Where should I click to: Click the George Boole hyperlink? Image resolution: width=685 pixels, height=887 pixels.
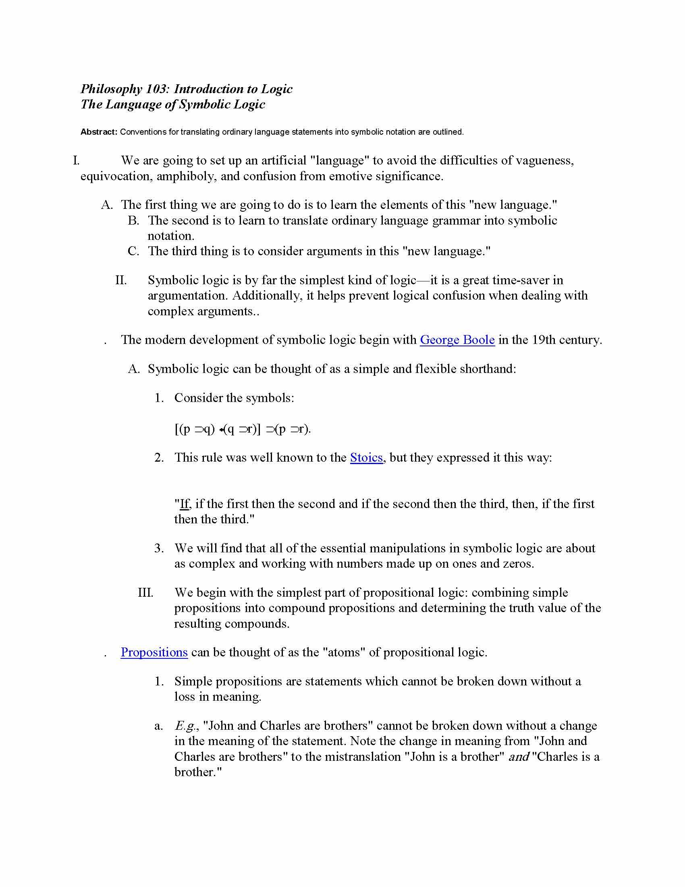click(457, 339)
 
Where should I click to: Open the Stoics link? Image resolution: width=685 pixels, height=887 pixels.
click(366, 458)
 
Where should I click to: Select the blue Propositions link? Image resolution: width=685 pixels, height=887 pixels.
click(154, 652)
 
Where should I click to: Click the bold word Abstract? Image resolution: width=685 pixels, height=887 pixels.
click(99, 132)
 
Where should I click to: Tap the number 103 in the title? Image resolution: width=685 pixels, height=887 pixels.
click(156, 89)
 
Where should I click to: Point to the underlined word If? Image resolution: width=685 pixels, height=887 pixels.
click(184, 504)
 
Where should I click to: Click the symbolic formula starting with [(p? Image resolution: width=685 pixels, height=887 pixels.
click(243, 429)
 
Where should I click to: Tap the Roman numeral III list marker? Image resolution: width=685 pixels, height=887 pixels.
click(145, 593)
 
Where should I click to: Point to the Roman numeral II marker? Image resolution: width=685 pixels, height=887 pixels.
click(121, 280)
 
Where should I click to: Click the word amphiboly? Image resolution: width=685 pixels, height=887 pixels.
click(185, 176)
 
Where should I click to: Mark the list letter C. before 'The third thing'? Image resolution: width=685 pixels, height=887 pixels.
click(133, 251)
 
